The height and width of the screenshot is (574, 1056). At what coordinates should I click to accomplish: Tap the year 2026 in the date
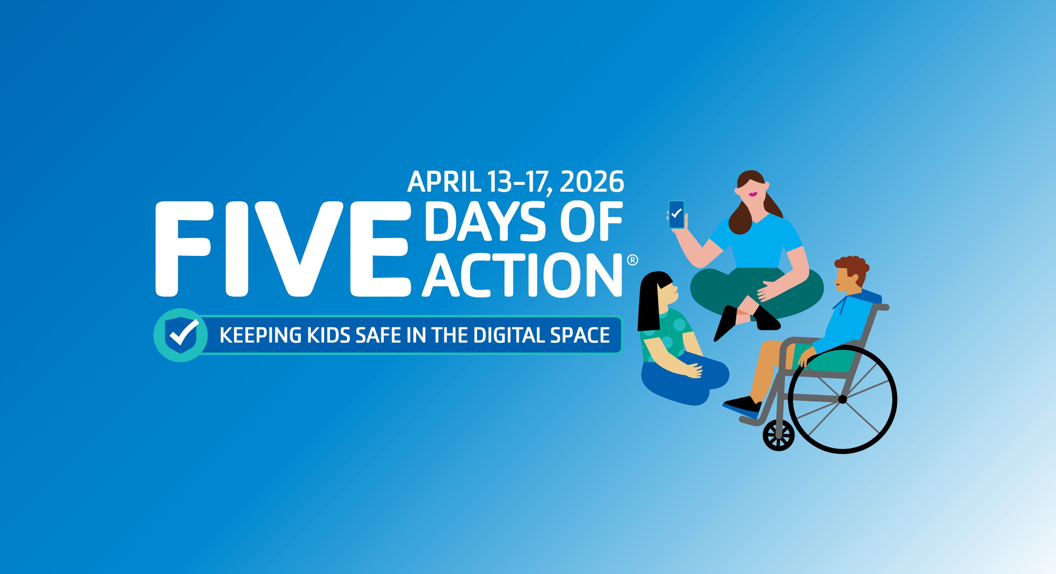(591, 182)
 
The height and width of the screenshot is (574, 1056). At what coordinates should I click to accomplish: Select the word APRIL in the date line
(444, 182)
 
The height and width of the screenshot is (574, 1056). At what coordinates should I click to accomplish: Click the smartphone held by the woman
(676, 214)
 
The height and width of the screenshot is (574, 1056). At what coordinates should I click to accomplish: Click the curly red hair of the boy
(851, 269)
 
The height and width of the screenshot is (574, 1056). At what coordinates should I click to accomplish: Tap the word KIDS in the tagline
(320, 335)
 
